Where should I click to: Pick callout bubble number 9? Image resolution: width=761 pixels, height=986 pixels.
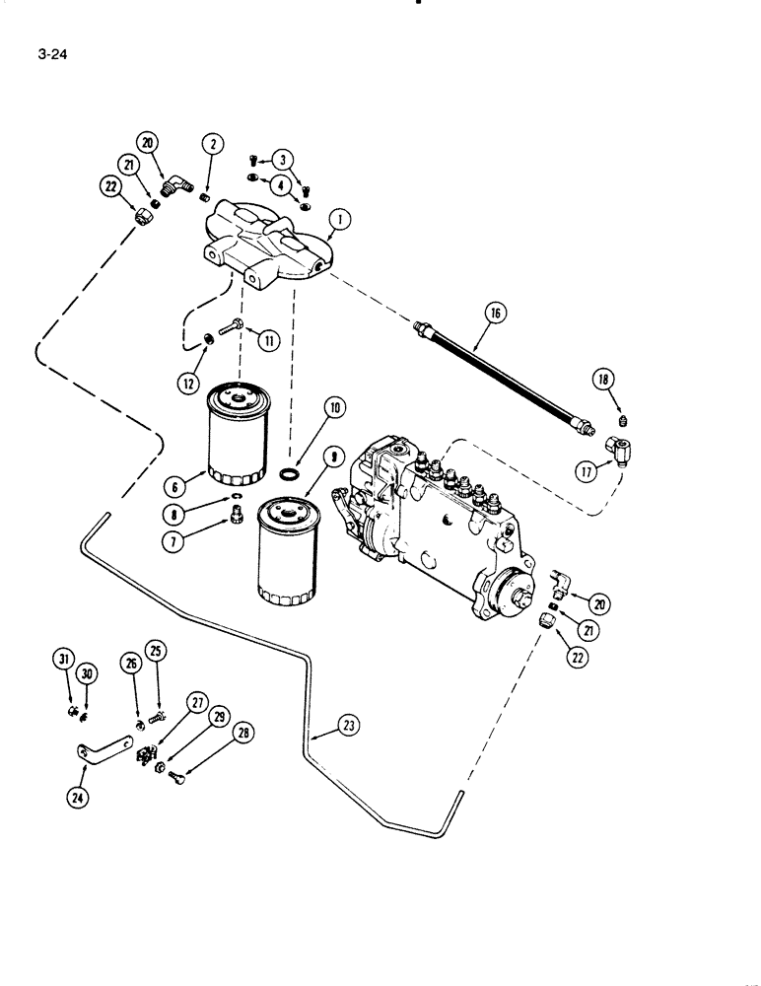pos(333,458)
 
